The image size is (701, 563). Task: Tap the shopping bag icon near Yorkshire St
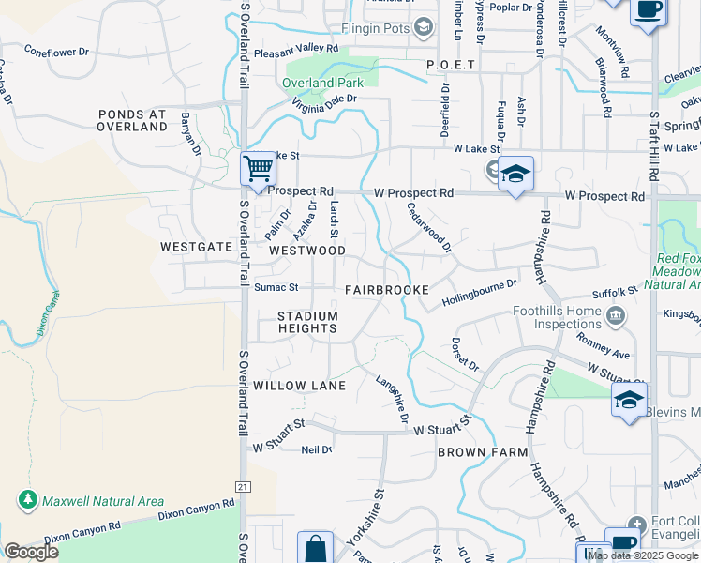pyautogui.click(x=316, y=549)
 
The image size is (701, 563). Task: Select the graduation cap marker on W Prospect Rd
pyautogui.click(x=515, y=175)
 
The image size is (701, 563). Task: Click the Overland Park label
pyautogui.click(x=321, y=83)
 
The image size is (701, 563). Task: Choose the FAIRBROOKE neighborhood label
pyautogui.click(x=386, y=290)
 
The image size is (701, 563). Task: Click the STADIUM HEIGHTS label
pyautogui.click(x=306, y=322)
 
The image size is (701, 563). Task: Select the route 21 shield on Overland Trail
pyautogui.click(x=244, y=486)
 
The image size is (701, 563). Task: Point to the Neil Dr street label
pyautogui.click(x=317, y=449)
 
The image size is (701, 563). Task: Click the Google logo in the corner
pyautogui.click(x=31, y=552)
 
